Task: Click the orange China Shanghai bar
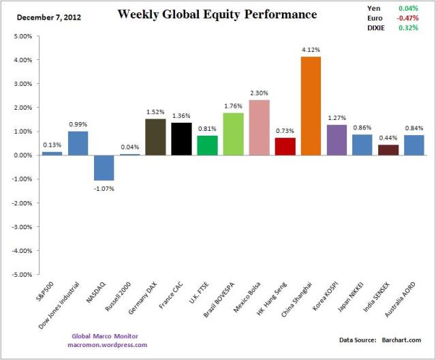[311, 106]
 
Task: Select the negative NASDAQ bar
[104, 168]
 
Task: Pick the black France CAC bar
[182, 138]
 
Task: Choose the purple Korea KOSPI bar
[337, 140]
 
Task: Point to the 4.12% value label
[311, 50]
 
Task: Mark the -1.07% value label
[104, 188]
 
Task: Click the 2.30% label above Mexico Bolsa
[260, 93]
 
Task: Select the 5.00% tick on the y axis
[22, 36]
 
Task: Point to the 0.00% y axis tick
[22, 155]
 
